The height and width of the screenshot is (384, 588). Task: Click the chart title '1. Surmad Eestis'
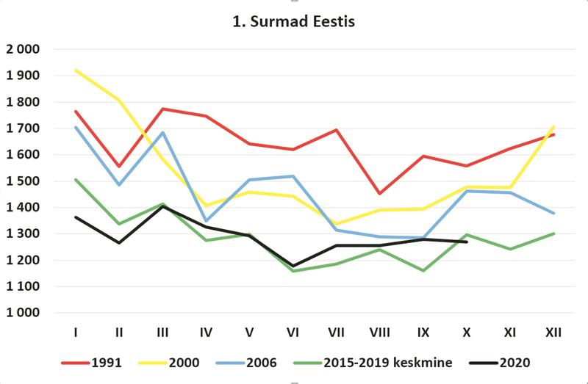(x=294, y=21)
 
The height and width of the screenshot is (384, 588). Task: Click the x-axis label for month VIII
(x=379, y=333)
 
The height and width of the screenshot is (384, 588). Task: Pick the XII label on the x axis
(x=553, y=333)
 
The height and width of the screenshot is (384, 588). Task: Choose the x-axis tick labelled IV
(x=206, y=333)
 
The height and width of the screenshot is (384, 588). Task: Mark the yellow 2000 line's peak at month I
(x=76, y=70)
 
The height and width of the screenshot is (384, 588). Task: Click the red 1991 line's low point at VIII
(x=379, y=194)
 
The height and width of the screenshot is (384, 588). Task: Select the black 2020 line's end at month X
(x=467, y=242)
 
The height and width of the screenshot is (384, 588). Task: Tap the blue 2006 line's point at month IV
(x=206, y=220)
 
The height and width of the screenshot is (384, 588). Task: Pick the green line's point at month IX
(x=423, y=271)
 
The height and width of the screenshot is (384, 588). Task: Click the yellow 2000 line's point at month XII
(x=553, y=126)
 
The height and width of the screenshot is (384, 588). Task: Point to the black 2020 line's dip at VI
(x=293, y=266)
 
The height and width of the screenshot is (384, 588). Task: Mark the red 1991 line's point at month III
(x=162, y=109)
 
